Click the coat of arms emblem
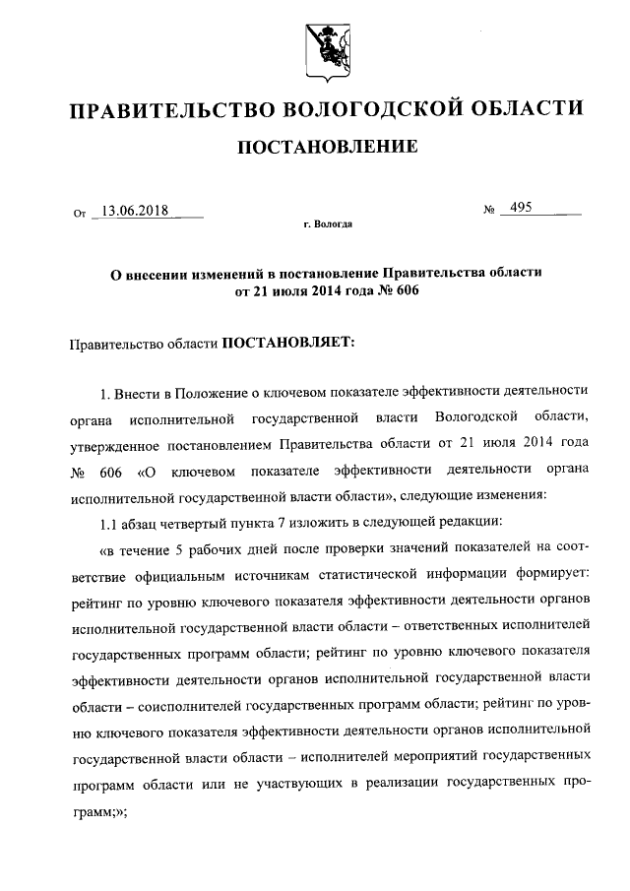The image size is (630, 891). pyautogui.click(x=316, y=46)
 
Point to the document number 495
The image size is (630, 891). pyautogui.click(x=516, y=209)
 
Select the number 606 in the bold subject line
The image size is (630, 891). pyautogui.click(x=393, y=290)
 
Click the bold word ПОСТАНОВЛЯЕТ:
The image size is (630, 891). pyautogui.click(x=286, y=344)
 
